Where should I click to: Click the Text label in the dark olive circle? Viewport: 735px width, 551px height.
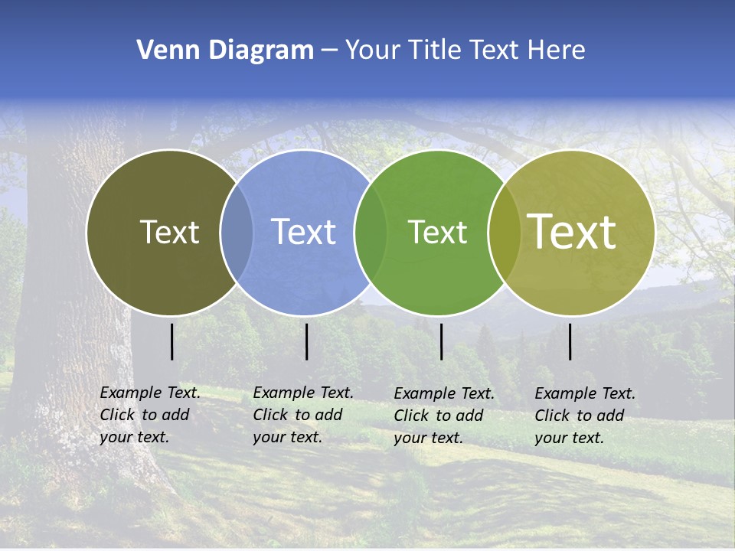tap(169, 232)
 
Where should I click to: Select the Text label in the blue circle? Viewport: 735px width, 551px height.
tap(304, 232)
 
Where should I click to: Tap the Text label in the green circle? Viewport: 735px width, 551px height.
tap(437, 232)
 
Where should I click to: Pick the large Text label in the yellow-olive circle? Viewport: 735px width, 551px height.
tap(572, 232)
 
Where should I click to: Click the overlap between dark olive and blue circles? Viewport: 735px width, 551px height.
tap(237, 233)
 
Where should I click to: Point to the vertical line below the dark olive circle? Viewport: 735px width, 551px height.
tap(171, 341)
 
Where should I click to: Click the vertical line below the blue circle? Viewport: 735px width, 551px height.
tap(306, 341)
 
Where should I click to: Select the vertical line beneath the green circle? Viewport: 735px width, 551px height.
tap(441, 341)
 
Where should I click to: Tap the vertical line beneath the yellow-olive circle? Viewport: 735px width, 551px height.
tap(570, 341)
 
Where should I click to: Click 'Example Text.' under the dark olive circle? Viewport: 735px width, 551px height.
tap(150, 393)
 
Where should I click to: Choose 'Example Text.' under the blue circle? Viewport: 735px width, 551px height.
tap(303, 393)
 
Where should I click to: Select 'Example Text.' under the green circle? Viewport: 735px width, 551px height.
tap(444, 394)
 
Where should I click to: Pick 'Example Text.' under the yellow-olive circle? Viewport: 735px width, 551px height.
tap(585, 394)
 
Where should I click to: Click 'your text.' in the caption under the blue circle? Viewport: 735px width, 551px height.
tap(287, 437)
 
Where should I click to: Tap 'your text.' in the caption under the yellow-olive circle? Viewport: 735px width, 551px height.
tap(569, 439)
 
